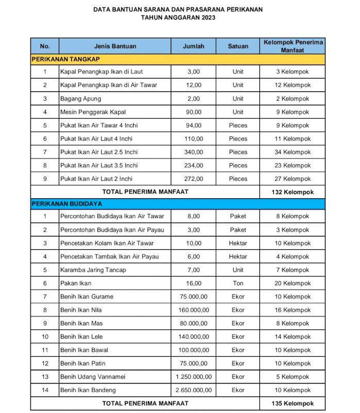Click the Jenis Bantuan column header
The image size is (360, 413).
(115, 46)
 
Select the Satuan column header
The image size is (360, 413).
(238, 46)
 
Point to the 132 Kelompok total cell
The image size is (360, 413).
(292, 192)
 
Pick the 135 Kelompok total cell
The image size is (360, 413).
(292, 403)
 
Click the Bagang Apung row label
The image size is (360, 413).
(80, 99)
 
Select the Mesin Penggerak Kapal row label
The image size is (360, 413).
(93, 112)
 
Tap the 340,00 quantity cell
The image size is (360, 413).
(193, 152)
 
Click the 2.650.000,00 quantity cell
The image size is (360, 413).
(193, 390)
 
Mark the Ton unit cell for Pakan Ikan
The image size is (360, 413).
(238, 283)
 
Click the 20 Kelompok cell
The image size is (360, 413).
(292, 283)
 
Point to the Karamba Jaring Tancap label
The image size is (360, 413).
(93, 270)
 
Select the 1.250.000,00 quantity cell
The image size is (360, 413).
(193, 376)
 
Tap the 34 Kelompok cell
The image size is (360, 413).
(292, 152)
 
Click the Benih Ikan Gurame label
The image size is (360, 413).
(87, 297)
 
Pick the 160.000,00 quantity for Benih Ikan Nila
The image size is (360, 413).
(193, 310)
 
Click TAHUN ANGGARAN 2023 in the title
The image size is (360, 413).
(178, 17)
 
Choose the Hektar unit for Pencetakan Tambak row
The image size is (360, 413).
(238, 257)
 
